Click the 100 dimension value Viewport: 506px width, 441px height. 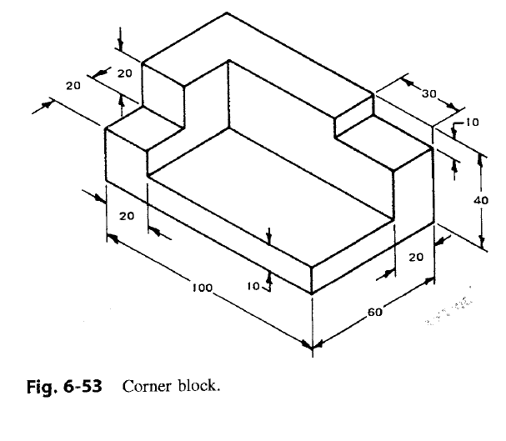(x=202, y=288)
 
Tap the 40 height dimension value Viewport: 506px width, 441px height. (x=481, y=200)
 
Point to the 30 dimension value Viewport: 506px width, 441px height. (x=429, y=93)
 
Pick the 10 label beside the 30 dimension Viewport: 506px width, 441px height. (x=471, y=123)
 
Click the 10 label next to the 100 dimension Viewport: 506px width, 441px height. (x=253, y=286)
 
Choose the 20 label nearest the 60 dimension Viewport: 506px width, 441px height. (x=417, y=257)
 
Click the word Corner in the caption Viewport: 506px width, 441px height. (x=147, y=386)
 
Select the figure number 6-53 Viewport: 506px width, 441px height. (x=81, y=386)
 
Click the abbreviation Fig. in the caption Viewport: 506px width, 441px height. (x=35, y=386)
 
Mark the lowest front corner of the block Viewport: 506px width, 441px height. (x=312, y=294)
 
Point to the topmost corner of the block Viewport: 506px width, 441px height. (x=228, y=13)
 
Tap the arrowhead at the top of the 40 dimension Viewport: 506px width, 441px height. (x=482, y=155)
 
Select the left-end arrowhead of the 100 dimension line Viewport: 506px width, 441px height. (x=110, y=238)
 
